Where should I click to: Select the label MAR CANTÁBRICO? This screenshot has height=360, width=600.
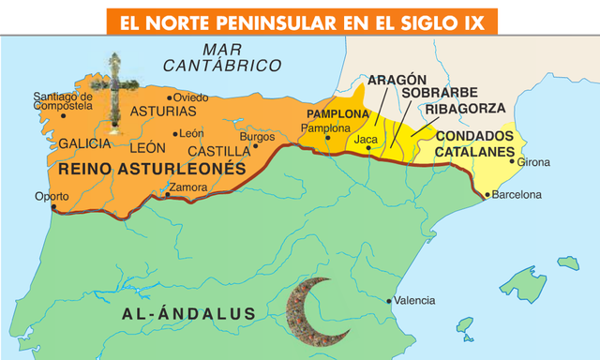pos(222,57)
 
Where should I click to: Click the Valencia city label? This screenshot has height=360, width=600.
pos(413,300)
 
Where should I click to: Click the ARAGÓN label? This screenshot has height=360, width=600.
pos(397,80)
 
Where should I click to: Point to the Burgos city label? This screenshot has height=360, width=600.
pos(258,137)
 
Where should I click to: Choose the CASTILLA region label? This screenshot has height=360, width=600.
pos(218,151)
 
